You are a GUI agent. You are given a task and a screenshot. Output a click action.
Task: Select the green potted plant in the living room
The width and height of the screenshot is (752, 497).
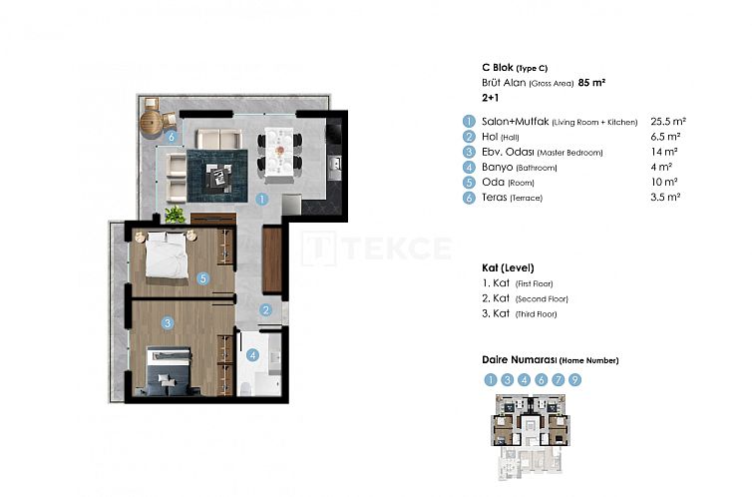176,214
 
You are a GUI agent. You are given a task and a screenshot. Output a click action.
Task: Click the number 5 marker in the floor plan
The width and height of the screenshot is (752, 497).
202,279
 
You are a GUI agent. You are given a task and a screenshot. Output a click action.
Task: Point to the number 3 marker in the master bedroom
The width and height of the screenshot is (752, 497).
169,322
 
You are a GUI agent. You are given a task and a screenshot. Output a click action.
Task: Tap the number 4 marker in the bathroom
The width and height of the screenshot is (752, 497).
252,354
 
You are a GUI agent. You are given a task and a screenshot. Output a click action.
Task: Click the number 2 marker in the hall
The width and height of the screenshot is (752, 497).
266,309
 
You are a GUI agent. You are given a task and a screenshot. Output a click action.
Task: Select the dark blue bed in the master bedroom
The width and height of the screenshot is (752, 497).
168,369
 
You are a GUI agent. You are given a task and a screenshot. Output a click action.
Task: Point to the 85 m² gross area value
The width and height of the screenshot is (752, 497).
591,83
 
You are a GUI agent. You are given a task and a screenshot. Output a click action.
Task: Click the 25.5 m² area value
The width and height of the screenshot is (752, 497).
666,121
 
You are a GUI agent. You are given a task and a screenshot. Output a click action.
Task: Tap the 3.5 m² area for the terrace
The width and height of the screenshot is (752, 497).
665,199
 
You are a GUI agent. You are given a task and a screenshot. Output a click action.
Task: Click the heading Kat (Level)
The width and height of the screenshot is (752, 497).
507,268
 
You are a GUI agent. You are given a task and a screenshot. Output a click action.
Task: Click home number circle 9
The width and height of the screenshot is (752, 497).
575,379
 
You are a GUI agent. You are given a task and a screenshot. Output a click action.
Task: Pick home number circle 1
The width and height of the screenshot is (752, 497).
491,379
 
